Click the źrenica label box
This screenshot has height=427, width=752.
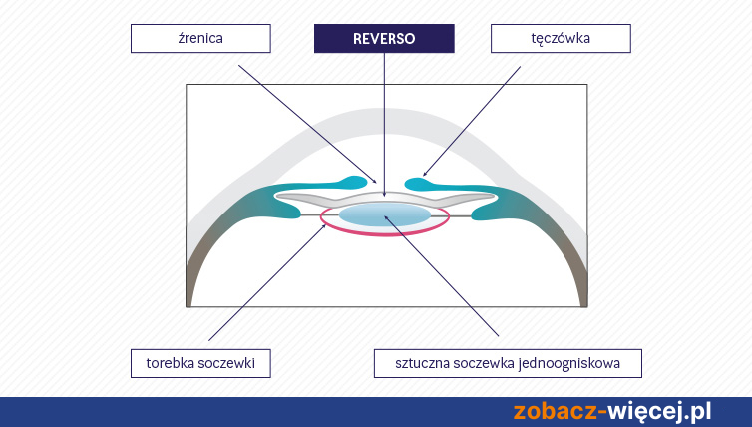point(200,38)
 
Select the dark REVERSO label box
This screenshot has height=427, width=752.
point(384,38)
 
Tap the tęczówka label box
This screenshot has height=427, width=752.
point(561,38)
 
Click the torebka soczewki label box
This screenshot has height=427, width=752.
point(200,363)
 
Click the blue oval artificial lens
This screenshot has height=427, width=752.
point(384,213)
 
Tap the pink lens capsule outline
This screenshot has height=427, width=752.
point(385,234)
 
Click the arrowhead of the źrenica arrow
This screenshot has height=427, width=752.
point(375,182)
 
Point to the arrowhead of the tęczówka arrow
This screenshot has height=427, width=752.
point(424,175)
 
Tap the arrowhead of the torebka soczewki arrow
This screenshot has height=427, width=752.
point(325,225)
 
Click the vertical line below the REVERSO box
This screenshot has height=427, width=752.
point(384,125)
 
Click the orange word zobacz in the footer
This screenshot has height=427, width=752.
point(556,412)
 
